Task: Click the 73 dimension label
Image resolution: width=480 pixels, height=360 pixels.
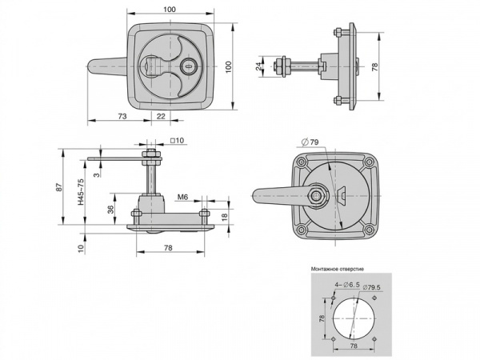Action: [122, 116]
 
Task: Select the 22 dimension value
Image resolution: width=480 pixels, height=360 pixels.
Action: [161, 116]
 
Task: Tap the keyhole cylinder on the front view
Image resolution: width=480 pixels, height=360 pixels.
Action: [186, 66]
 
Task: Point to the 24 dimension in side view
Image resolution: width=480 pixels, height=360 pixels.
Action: [259, 66]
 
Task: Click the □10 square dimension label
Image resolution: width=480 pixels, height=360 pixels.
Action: [178, 141]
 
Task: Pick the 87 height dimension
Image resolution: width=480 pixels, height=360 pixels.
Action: [60, 187]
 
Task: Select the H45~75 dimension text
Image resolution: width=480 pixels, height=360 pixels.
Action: [81, 192]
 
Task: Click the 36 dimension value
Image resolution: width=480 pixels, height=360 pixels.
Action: [111, 209]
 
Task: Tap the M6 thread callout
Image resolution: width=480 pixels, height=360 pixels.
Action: [182, 198]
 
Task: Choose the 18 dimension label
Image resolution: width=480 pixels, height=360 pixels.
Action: [224, 217]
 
